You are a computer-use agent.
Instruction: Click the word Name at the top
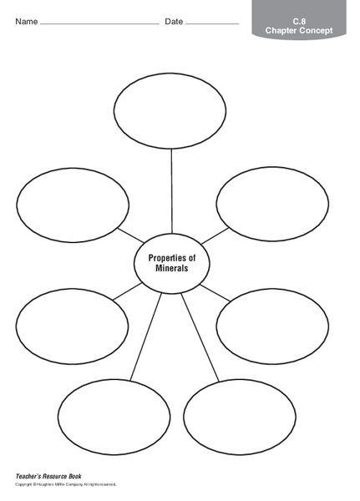tap(26, 21)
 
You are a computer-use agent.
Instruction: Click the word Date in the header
tap(174, 21)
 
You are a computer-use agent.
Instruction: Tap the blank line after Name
tap(99, 24)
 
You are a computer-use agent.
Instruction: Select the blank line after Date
tap(212, 24)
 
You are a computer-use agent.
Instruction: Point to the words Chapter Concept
tap(298, 30)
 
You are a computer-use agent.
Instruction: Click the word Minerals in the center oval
tap(171, 270)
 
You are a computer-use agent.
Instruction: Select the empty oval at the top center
tap(170, 110)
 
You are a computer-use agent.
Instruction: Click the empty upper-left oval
tap(73, 205)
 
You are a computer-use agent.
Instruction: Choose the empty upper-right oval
tap(272, 205)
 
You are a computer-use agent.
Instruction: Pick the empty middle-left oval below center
tap(72, 325)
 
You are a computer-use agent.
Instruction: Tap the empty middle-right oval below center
tap(272, 325)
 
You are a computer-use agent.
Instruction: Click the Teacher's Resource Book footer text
tap(48, 477)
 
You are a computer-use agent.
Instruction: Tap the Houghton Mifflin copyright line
tap(66, 484)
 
